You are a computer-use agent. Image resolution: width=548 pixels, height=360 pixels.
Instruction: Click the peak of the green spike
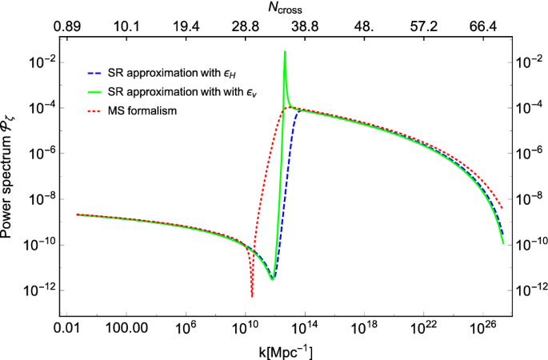pyautogui.click(x=285, y=52)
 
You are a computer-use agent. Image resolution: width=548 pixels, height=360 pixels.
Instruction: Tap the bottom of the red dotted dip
pyautogui.click(x=251, y=296)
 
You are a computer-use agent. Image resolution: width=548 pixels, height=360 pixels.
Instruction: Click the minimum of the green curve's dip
pyautogui.click(x=273, y=279)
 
